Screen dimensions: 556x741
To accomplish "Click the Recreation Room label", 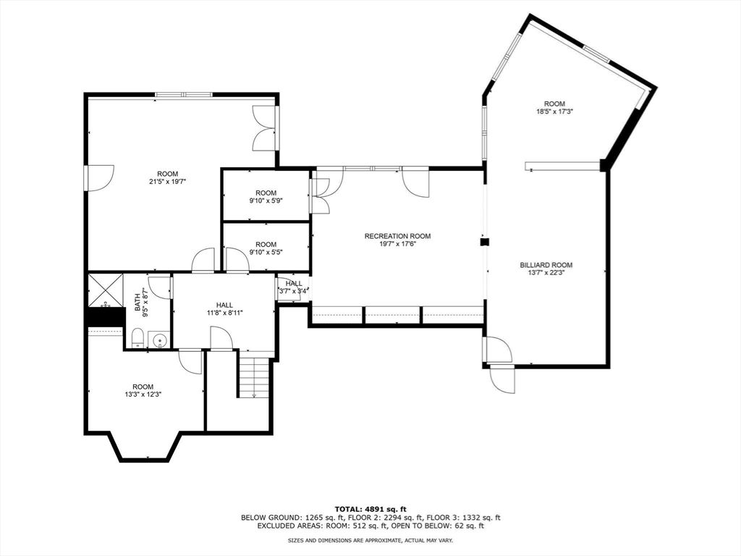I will tap(397, 236).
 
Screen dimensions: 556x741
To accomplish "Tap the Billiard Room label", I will tap(546, 265).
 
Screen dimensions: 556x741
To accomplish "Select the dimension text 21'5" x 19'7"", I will tap(167, 182).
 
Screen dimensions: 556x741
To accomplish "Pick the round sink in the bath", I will tap(158, 339).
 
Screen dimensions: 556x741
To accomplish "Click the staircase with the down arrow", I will tap(254, 377).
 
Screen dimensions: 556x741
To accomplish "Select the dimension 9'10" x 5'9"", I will tap(266, 201).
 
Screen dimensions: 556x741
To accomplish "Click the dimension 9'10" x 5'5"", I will tap(266, 253).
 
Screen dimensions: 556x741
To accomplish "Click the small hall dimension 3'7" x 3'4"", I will tap(294, 290).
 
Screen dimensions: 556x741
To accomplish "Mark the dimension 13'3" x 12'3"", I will tap(143, 395).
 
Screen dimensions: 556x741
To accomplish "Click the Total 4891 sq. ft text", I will tap(370, 508).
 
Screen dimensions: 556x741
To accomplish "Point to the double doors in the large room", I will tap(265, 129).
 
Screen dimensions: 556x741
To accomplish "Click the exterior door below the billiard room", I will tap(502, 378).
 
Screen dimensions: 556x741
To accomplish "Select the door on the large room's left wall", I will tap(100, 177).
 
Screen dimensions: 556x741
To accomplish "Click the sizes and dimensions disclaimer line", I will tap(370, 540).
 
